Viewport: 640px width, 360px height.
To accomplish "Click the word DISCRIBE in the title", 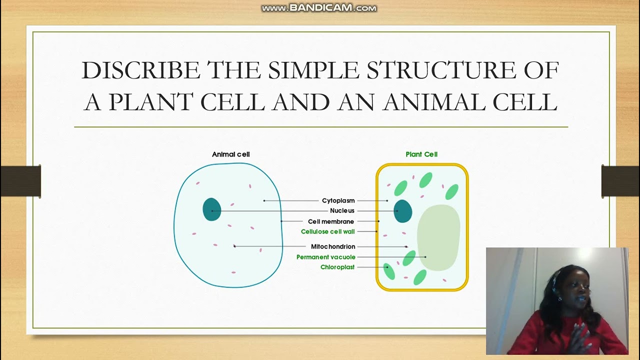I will pos(141,70).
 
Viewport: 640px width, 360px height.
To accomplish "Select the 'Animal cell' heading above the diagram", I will pos(230,154).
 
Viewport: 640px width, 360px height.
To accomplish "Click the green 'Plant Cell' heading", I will pos(421,154).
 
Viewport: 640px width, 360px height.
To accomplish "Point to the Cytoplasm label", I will pos(338,200).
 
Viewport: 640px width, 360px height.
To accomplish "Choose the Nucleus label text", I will pos(342,210).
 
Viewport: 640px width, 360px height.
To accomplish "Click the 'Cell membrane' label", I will pos(330,221).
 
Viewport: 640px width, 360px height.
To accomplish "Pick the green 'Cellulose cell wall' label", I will pos(327,231).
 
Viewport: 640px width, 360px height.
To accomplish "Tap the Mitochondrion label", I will pos(333,246).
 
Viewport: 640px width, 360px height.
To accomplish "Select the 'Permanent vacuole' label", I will pos(325,257).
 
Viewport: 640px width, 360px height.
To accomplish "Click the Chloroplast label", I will pos(337,267).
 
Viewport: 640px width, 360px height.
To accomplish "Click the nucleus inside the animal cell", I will pos(211,209).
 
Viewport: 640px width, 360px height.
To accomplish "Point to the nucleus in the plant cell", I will pos(403,211).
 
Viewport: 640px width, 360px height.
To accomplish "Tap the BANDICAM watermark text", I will pos(319,8).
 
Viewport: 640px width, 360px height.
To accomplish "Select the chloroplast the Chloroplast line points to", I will pos(389,270).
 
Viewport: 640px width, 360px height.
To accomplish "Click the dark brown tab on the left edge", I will pos(20,181).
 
